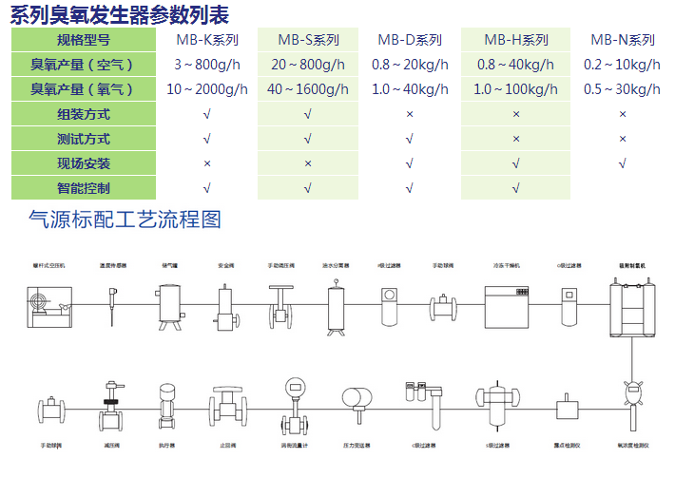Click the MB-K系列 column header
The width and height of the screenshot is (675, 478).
pos(207,40)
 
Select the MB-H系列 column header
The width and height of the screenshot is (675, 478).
pos(516,40)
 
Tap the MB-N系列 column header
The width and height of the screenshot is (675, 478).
pos(623,40)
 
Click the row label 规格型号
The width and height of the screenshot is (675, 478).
pos(84,40)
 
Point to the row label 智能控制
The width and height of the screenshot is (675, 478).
pos(84,188)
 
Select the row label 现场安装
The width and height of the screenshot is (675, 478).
pos(84,163)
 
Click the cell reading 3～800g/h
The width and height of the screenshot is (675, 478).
pos(207,65)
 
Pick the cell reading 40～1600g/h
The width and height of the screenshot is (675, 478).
pos(308,89)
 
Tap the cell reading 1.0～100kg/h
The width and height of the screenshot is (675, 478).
pos(516,89)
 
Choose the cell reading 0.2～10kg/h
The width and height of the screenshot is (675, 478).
pos(623,65)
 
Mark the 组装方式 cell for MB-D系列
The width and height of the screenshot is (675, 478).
pos(410,114)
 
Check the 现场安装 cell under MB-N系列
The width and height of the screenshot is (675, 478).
pos(623,163)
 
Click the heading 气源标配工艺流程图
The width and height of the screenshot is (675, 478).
pos(125,220)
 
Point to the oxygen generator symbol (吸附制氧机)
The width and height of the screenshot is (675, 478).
pos(628,306)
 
